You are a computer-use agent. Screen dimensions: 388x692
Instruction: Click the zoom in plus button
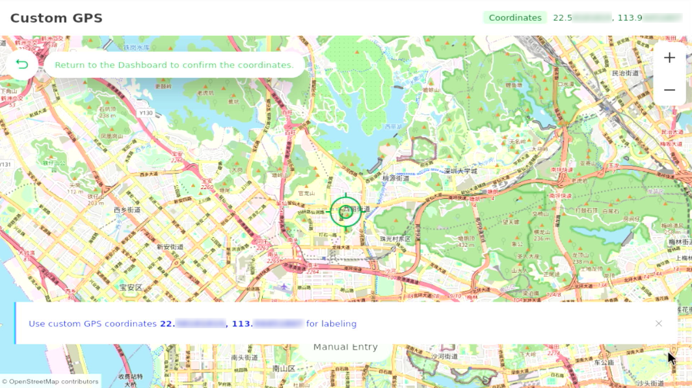click(x=669, y=58)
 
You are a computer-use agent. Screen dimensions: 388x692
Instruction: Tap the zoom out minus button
click(x=669, y=90)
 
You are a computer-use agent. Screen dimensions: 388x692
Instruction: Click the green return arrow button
click(x=22, y=65)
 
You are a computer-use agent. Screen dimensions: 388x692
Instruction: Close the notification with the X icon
click(x=659, y=324)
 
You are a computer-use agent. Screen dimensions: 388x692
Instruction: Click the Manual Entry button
click(x=345, y=347)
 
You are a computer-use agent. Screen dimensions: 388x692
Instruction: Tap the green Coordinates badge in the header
click(x=515, y=18)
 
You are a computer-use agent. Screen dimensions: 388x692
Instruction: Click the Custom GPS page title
click(x=57, y=18)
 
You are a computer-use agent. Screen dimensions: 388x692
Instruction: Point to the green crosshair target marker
click(x=345, y=212)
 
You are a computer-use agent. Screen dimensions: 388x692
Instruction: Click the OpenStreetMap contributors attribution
click(x=50, y=382)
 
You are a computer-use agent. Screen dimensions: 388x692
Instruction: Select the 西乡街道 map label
click(x=127, y=210)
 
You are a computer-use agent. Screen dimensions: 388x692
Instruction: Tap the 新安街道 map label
click(x=170, y=247)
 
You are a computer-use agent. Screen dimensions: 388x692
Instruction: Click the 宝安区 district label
click(x=131, y=287)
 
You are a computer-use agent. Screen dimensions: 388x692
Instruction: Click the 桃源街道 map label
click(x=395, y=177)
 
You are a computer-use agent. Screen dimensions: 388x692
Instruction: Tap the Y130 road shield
click(x=146, y=113)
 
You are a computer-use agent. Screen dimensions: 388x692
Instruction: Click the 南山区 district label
click(x=284, y=369)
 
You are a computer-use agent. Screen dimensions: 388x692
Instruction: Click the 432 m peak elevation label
click(x=466, y=245)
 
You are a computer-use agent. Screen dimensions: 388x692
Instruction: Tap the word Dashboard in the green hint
click(x=143, y=65)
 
